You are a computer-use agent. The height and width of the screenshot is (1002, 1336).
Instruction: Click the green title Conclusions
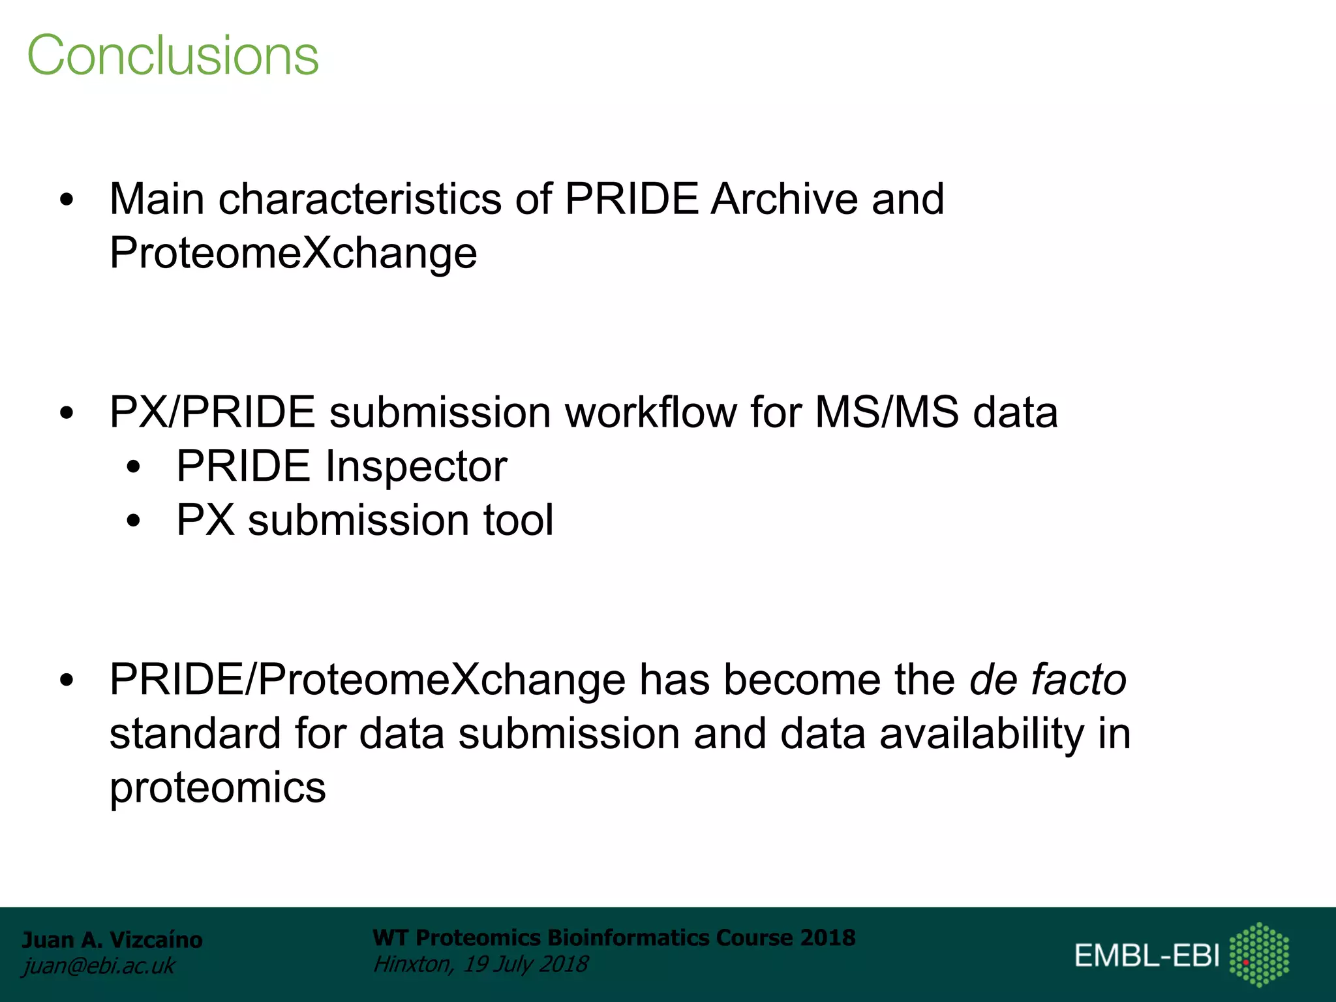(173, 55)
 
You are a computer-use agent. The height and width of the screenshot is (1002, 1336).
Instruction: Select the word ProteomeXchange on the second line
(293, 253)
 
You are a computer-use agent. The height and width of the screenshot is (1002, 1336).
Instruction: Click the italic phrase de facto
(1048, 680)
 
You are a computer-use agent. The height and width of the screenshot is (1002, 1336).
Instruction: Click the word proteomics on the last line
(217, 787)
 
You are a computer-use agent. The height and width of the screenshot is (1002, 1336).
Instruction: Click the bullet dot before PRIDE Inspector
(134, 467)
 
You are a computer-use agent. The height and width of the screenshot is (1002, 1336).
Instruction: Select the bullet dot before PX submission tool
(134, 521)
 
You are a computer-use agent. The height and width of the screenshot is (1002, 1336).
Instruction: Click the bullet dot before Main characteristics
(67, 200)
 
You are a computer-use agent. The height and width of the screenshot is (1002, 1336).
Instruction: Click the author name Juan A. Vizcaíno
(112, 940)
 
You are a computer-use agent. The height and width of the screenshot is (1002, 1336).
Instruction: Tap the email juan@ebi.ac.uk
(99, 965)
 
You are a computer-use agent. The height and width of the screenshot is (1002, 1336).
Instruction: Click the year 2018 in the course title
(828, 937)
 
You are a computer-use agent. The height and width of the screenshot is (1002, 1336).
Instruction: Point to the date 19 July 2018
(526, 964)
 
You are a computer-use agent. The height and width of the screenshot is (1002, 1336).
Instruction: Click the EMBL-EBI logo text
(1146, 956)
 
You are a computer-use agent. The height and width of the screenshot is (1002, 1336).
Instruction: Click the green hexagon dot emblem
(1259, 954)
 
